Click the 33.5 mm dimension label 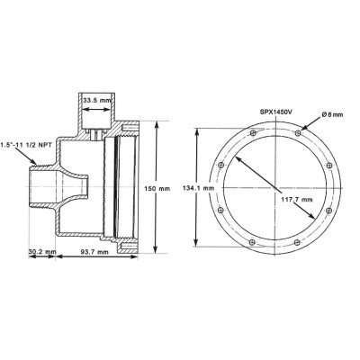[x=97, y=101]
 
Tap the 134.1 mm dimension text [x=198, y=188]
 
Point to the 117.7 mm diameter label [x=297, y=199]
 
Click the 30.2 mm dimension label [x=42, y=251]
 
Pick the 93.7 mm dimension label [x=94, y=252]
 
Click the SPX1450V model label [x=275, y=112]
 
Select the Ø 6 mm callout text [x=332, y=114]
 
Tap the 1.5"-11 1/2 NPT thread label [x=26, y=144]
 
